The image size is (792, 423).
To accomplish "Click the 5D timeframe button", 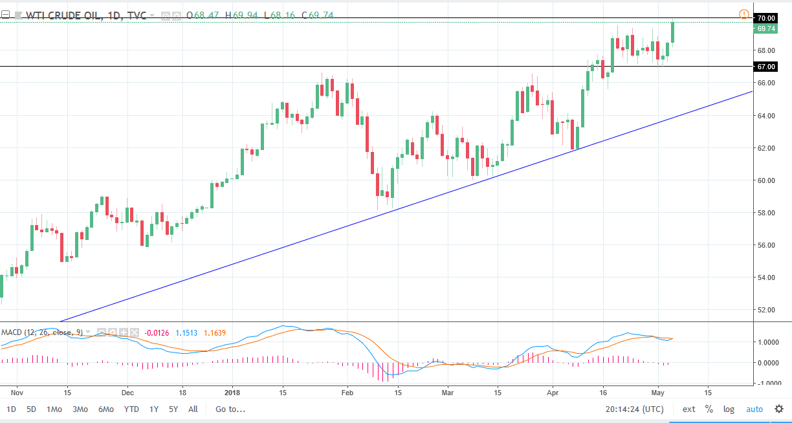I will click(x=31, y=409).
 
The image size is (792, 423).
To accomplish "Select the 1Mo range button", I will click(x=54, y=409).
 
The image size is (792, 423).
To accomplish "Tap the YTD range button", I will click(x=131, y=409).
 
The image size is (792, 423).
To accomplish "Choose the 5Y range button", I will click(x=173, y=409).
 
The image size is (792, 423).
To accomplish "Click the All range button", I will click(x=193, y=409).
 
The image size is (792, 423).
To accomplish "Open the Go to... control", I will click(x=230, y=409).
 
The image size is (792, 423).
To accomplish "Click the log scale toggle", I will click(x=729, y=409).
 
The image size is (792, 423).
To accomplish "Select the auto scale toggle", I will click(x=754, y=409).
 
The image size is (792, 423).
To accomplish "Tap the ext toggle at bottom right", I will click(x=688, y=409).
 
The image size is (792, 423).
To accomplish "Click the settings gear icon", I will click(x=779, y=409).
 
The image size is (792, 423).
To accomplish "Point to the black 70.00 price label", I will click(x=766, y=18).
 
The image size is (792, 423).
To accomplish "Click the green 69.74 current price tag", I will click(x=766, y=28).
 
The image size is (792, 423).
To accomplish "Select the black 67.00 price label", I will click(x=766, y=67).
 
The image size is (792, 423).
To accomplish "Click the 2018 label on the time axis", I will click(x=231, y=392).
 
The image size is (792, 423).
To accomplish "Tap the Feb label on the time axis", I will click(x=347, y=392).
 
